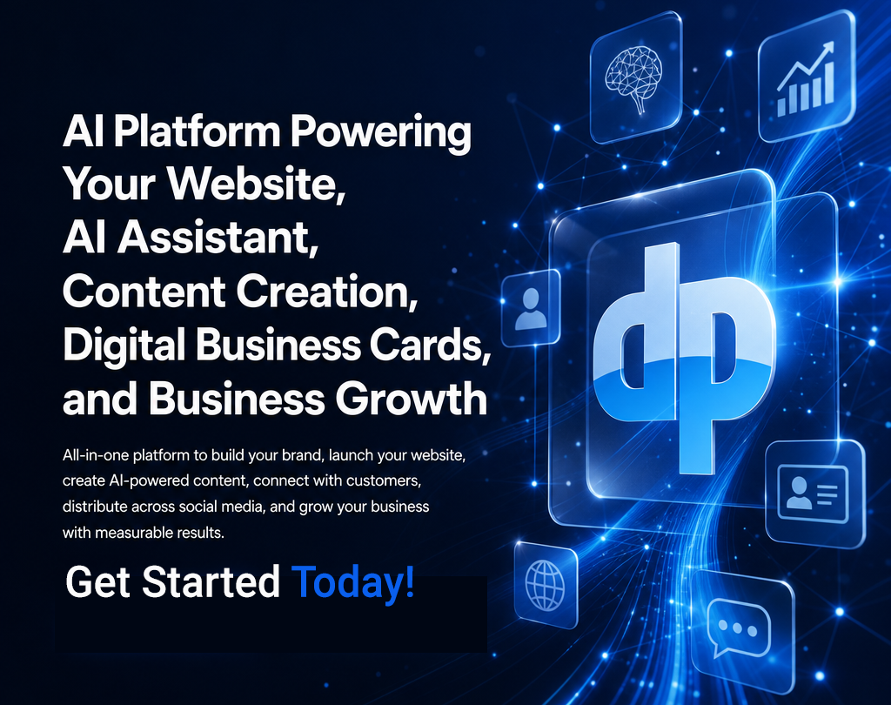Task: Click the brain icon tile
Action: click(x=635, y=77)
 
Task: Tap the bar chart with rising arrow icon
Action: click(x=806, y=78)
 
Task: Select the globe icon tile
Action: click(x=546, y=584)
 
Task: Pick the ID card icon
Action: click(x=813, y=493)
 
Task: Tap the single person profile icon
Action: click(x=530, y=309)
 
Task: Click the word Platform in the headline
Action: click(x=197, y=133)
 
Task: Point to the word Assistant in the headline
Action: click(x=217, y=237)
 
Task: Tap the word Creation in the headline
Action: click(x=327, y=291)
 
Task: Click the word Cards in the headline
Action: click(x=430, y=345)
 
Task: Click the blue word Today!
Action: click(x=353, y=582)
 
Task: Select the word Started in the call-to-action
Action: click(x=211, y=581)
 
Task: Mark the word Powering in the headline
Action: click(x=381, y=133)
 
